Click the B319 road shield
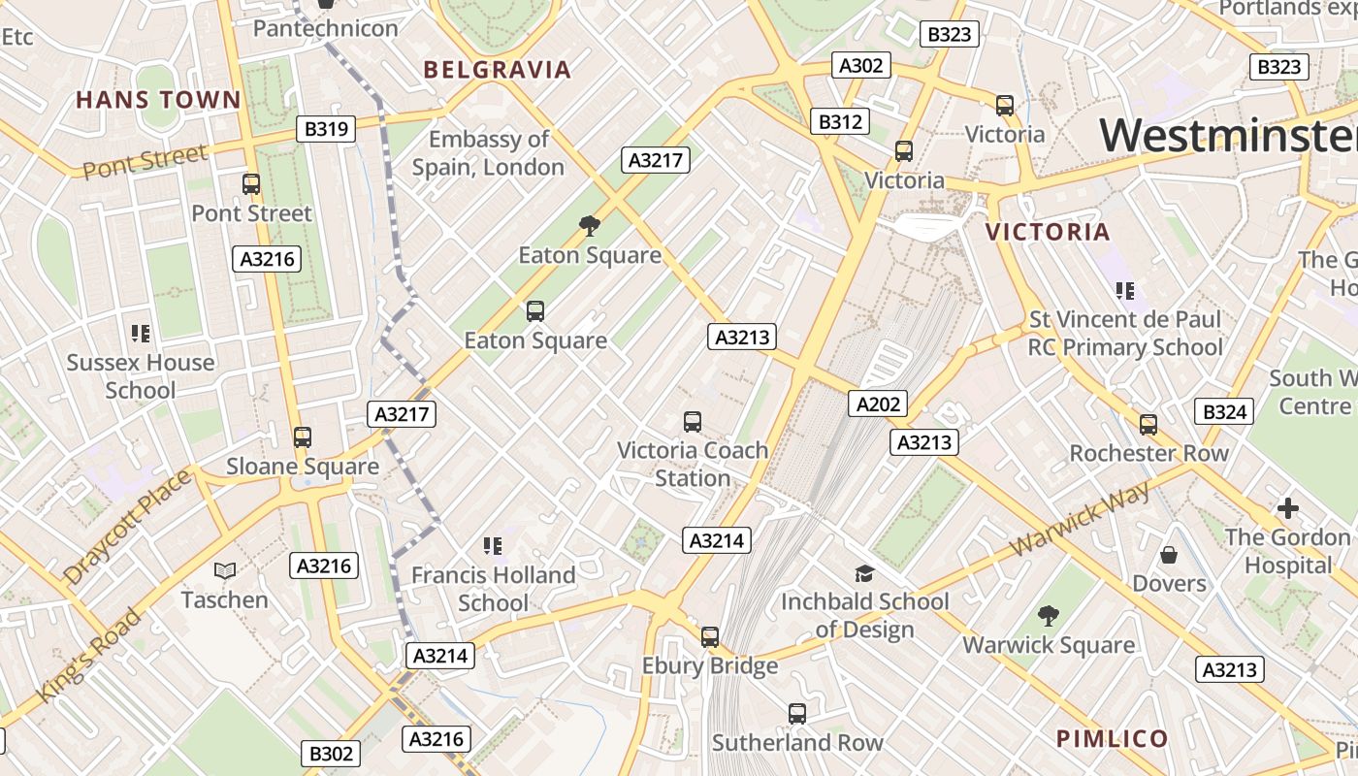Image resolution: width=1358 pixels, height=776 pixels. [326, 129]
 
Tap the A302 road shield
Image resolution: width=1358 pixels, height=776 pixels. [860, 66]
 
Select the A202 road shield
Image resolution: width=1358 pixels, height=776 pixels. [877, 404]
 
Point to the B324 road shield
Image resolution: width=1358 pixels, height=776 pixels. [1224, 412]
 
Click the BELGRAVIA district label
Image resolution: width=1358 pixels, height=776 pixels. [498, 70]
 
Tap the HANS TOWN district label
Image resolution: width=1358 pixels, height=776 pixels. [158, 100]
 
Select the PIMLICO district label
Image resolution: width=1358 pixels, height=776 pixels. [1113, 739]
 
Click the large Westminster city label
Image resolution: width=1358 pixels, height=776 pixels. [1228, 136]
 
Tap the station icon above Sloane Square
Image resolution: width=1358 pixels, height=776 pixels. [303, 437]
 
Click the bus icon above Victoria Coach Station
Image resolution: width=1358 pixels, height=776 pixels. [692, 422]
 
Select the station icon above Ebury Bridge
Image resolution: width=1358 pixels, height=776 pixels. [710, 637]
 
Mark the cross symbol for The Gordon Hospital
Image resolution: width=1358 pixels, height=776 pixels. [1287, 508]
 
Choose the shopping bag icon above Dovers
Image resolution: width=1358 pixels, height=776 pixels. [1169, 555]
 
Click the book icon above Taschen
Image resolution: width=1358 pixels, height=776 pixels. [225, 571]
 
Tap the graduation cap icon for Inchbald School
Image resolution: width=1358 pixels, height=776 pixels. [864, 573]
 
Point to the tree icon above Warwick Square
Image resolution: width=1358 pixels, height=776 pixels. [1048, 615]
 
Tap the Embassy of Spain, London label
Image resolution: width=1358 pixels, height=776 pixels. [488, 153]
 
